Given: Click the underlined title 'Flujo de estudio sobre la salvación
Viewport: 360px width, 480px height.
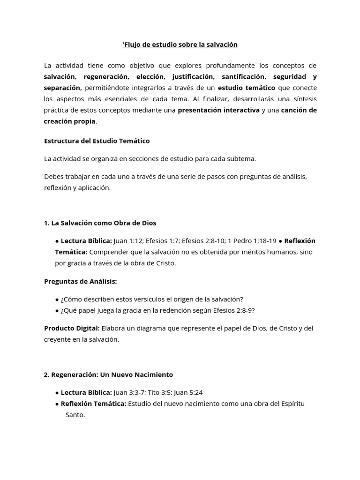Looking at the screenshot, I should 180,45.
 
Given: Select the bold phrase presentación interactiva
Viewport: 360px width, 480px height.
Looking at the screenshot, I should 218,110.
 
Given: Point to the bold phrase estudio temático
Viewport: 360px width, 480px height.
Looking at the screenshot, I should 247,88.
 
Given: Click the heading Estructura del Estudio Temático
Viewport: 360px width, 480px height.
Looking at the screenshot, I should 97,141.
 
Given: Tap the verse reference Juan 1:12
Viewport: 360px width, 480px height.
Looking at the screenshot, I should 127,241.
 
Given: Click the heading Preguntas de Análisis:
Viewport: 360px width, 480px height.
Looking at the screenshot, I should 80,281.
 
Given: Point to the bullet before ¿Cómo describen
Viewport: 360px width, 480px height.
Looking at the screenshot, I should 57,299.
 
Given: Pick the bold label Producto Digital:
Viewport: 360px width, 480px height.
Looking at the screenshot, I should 72,328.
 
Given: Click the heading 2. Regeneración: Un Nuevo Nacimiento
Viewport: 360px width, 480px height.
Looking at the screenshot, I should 108,375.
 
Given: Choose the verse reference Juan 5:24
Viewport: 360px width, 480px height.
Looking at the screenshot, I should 191,392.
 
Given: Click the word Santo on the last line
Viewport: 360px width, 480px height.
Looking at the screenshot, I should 75,415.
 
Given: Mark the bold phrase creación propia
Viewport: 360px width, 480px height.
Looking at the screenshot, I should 69,121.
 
